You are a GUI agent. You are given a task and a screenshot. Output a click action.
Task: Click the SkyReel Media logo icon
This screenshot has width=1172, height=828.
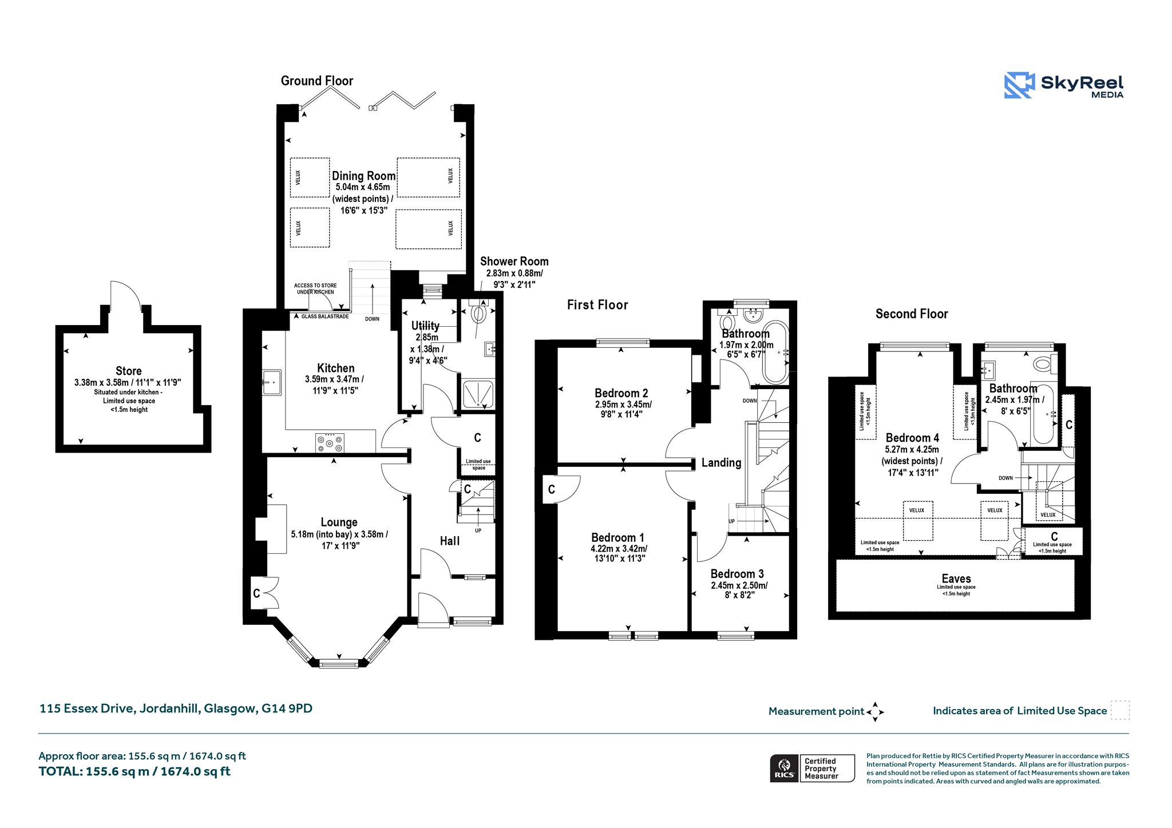tap(1019, 85)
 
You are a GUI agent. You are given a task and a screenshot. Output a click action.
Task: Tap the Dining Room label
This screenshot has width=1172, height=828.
tap(364, 176)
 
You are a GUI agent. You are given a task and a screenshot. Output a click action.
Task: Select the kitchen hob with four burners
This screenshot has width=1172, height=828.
tap(330, 442)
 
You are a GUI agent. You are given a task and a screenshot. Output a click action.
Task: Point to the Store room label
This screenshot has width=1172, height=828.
tap(128, 371)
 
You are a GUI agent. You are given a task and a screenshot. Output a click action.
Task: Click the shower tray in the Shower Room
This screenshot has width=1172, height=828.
tap(478, 394)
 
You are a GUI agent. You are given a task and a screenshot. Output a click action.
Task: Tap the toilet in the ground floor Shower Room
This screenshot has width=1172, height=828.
tap(478, 312)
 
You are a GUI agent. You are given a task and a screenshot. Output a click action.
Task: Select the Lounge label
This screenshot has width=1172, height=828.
tap(339, 522)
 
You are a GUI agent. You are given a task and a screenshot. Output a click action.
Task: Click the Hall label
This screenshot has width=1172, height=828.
tap(450, 541)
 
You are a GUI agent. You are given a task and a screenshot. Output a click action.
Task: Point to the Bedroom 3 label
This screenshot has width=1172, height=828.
tap(737, 573)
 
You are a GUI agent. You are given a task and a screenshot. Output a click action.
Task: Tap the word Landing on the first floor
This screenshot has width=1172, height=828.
tap(721, 462)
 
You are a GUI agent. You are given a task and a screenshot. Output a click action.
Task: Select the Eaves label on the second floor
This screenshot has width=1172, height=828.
tap(956, 579)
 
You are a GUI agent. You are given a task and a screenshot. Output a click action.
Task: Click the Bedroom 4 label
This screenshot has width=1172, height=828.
tap(912, 438)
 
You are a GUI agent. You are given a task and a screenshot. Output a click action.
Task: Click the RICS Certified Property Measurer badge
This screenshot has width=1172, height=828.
tap(812, 768)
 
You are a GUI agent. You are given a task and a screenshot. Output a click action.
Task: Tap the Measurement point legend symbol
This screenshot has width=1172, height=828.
tap(875, 712)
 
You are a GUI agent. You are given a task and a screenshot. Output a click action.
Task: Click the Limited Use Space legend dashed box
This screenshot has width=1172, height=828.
tap(1120, 710)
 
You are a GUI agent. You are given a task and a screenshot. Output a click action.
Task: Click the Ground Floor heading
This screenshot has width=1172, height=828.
tap(317, 81)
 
